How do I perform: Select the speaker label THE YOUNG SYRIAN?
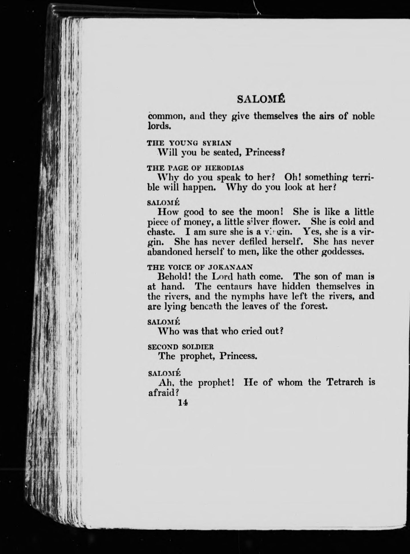(x=189, y=142)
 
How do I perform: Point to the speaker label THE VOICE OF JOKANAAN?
(x=200, y=267)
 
